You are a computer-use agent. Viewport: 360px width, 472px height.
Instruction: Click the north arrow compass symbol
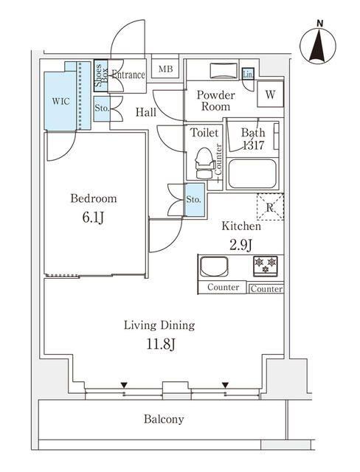[x=319, y=44]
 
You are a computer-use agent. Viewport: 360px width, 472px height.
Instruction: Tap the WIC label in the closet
[x=61, y=102]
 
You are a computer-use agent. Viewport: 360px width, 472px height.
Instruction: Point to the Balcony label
[x=164, y=419]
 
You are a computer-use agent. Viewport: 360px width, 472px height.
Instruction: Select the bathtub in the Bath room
[x=252, y=175]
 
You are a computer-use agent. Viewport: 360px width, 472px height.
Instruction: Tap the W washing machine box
[x=271, y=94]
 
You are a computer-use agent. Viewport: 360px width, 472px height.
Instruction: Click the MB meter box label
[x=166, y=70]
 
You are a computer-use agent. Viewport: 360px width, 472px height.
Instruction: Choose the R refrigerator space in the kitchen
[x=270, y=207]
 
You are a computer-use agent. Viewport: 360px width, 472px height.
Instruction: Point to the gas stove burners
[x=266, y=263]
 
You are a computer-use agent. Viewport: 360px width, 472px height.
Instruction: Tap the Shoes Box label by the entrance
[x=100, y=76]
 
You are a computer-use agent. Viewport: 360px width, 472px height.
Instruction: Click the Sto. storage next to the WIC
[x=102, y=109]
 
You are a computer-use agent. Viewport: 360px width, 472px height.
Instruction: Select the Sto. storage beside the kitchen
[x=194, y=200]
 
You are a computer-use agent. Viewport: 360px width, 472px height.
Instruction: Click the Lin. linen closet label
[x=247, y=74]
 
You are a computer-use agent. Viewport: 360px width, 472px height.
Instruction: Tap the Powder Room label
[x=216, y=101]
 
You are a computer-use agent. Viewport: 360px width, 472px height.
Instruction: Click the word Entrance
[x=128, y=75]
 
